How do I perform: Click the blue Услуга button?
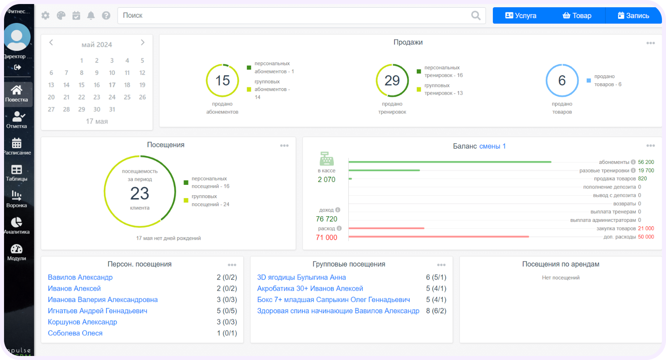click(521, 15)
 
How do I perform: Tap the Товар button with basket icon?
click(577, 15)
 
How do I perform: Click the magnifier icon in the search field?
click(476, 15)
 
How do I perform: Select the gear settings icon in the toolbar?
click(46, 15)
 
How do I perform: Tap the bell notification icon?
click(91, 15)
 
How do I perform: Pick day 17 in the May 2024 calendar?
click(112, 85)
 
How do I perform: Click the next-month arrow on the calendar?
click(143, 43)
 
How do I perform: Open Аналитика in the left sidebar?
click(17, 226)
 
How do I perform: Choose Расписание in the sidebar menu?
click(17, 147)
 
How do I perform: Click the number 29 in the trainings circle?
click(392, 81)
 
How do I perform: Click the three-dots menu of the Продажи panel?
click(651, 43)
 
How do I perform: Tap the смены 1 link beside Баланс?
click(492, 146)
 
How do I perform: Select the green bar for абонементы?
click(450, 162)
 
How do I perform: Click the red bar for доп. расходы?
click(438, 237)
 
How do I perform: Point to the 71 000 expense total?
click(327, 238)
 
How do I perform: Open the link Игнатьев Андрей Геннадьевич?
click(97, 311)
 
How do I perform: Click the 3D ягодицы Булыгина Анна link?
click(302, 277)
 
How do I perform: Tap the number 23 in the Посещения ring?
click(139, 194)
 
